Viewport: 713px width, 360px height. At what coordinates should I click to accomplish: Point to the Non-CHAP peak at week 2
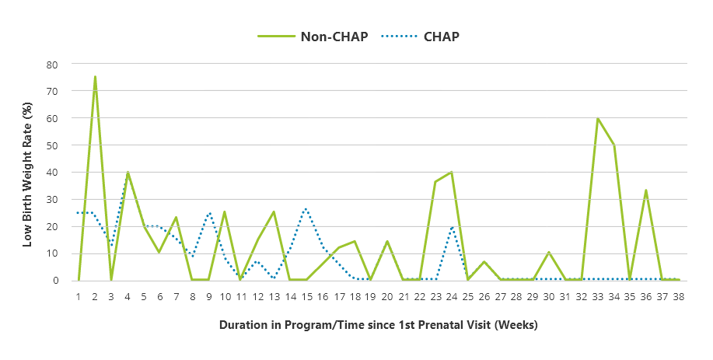95,77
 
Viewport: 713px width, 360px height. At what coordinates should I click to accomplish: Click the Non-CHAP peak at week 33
597,118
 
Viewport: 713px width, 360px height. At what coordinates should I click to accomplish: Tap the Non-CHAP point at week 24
451,172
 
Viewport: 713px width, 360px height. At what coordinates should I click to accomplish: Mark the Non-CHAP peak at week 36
646,190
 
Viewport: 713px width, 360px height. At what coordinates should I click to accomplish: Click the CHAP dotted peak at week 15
306,208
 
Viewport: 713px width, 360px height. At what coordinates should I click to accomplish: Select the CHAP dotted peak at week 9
208,212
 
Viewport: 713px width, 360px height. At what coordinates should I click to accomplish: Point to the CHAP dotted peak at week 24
451,226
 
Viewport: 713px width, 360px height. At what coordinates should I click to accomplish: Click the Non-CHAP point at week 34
613,145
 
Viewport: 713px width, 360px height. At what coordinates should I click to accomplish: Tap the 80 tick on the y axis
54,64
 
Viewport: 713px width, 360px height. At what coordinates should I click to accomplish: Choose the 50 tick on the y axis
54,145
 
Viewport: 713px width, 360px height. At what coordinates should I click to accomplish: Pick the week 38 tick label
678,296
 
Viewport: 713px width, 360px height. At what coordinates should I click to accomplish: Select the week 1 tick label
79,296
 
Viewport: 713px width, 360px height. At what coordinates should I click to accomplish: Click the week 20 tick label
386,296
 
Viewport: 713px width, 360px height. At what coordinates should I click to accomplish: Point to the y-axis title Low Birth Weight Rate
27,173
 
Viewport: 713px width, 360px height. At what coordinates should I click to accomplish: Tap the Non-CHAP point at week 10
225,211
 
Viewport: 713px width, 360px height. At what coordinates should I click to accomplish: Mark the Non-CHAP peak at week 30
548,252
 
